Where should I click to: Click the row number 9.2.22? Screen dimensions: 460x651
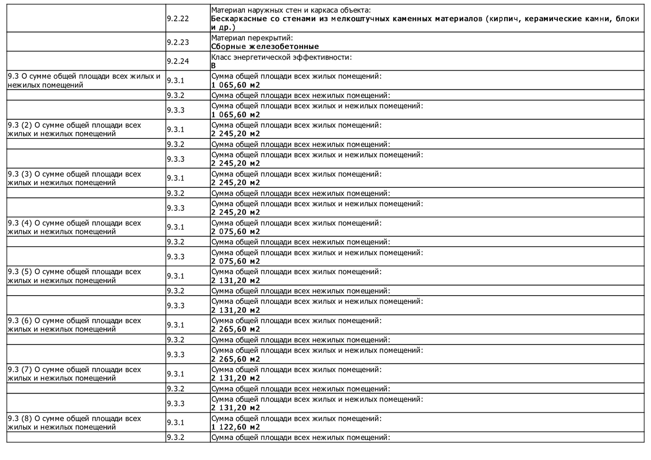click(178, 19)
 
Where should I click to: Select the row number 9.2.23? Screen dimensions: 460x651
click(178, 42)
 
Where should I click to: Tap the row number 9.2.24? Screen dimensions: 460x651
click(178, 61)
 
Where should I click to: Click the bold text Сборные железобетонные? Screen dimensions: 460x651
click(265, 47)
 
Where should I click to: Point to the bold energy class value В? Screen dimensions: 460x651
click(213, 66)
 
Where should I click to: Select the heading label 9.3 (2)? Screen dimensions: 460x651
click(20, 125)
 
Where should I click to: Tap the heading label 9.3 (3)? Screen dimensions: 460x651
click(20, 174)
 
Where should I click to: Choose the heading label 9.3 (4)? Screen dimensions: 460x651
click(20, 223)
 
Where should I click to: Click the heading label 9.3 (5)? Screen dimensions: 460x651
click(20, 272)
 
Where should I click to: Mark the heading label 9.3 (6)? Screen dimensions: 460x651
click(20, 321)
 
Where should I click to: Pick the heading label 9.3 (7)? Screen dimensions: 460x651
click(20, 370)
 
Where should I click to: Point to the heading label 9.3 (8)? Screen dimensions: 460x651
click(20, 419)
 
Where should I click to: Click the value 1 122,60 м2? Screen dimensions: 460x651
click(235, 427)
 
